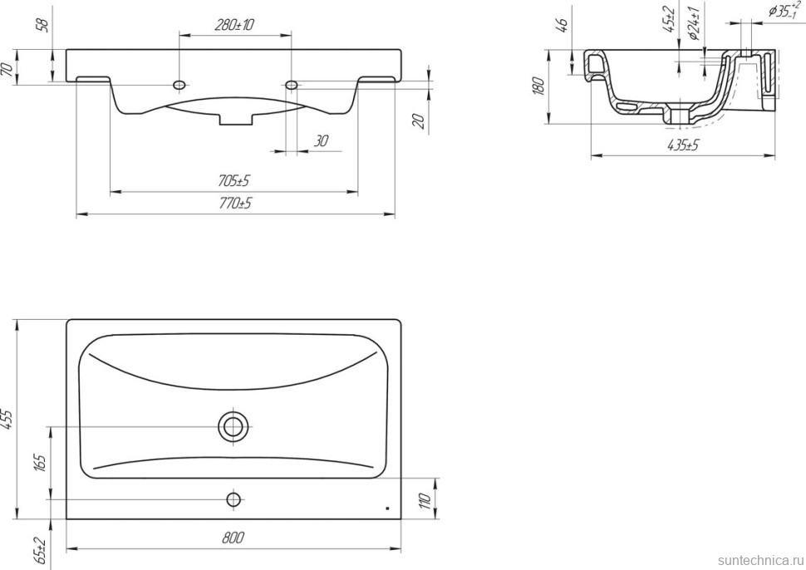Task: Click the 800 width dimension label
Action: point(233,538)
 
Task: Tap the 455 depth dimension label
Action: point(8,420)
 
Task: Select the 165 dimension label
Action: point(41,463)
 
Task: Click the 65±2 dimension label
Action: point(41,551)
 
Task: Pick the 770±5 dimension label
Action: point(235,204)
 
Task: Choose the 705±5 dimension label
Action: point(233,181)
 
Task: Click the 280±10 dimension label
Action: point(234,25)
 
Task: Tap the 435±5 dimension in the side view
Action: point(683,145)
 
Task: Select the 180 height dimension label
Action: point(538,86)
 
